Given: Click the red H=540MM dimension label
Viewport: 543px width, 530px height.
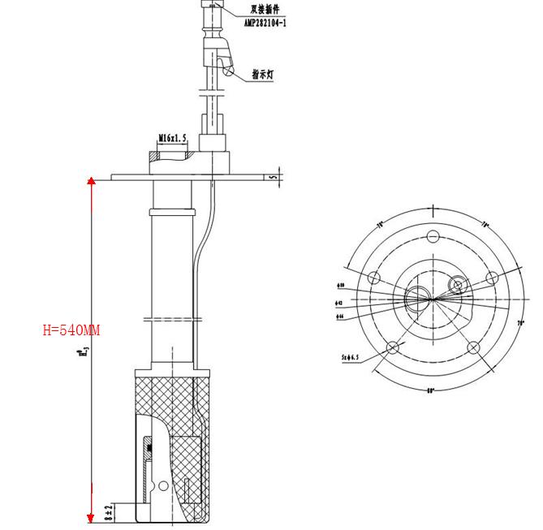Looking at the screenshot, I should (x=71, y=330).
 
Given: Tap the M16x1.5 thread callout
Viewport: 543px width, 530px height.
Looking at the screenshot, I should (x=172, y=139).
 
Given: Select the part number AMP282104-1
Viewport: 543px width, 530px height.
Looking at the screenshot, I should (x=265, y=24).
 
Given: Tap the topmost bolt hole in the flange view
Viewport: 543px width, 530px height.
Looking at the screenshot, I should (x=433, y=236).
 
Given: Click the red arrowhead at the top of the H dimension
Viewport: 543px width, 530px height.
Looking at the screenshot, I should (x=92, y=181).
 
